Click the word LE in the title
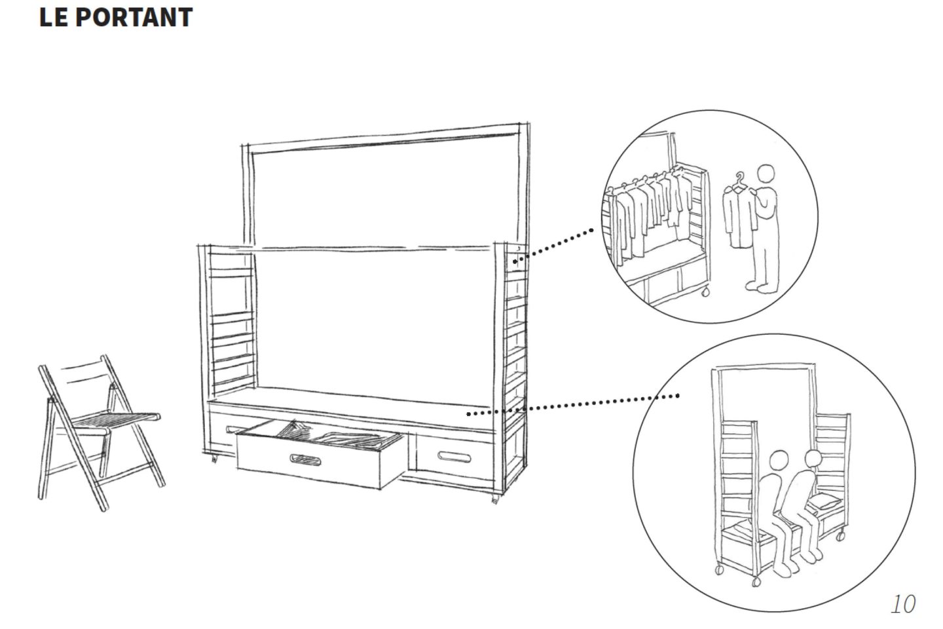click(x=54, y=18)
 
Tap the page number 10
click(x=902, y=603)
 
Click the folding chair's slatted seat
click(x=118, y=418)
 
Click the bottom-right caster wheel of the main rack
click(x=494, y=501)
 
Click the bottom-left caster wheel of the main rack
click(x=213, y=459)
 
